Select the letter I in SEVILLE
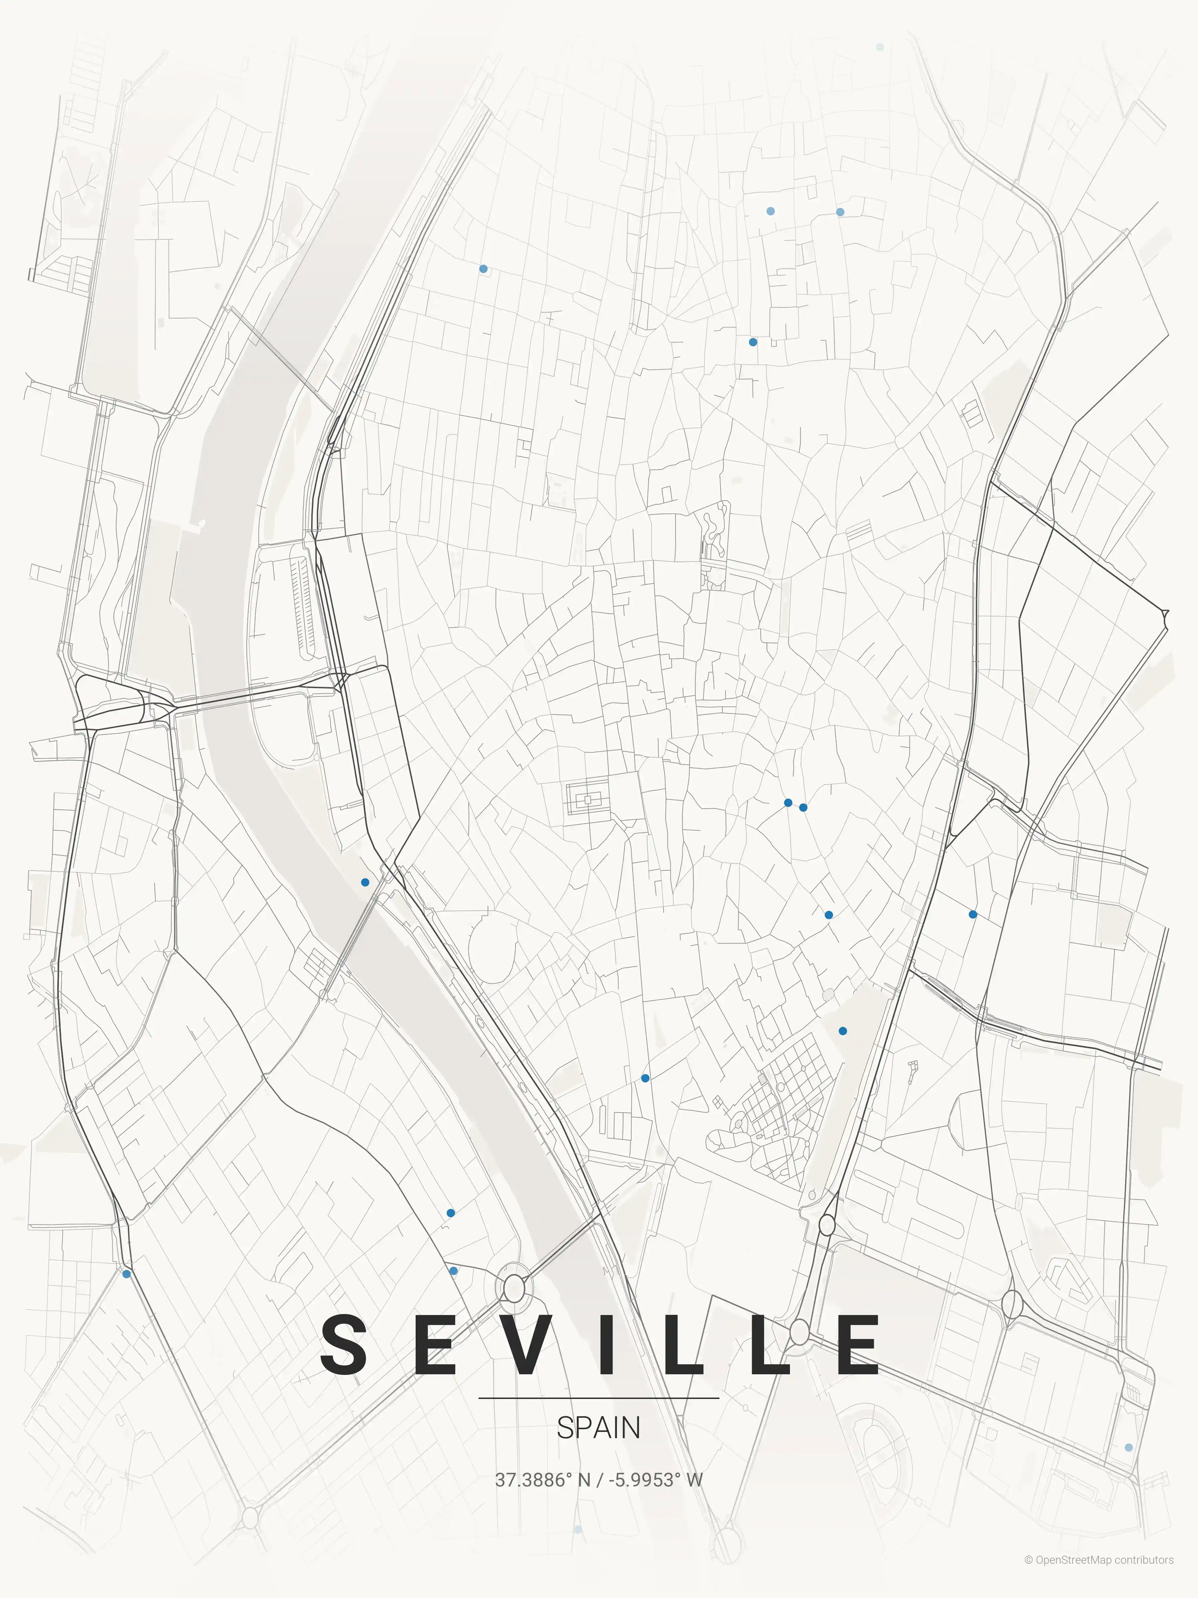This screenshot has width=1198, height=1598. click(607, 1344)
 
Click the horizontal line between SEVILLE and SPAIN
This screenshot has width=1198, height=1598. click(599, 1398)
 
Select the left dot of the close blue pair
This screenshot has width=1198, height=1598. click(788, 803)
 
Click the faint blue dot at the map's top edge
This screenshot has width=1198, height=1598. click(880, 47)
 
